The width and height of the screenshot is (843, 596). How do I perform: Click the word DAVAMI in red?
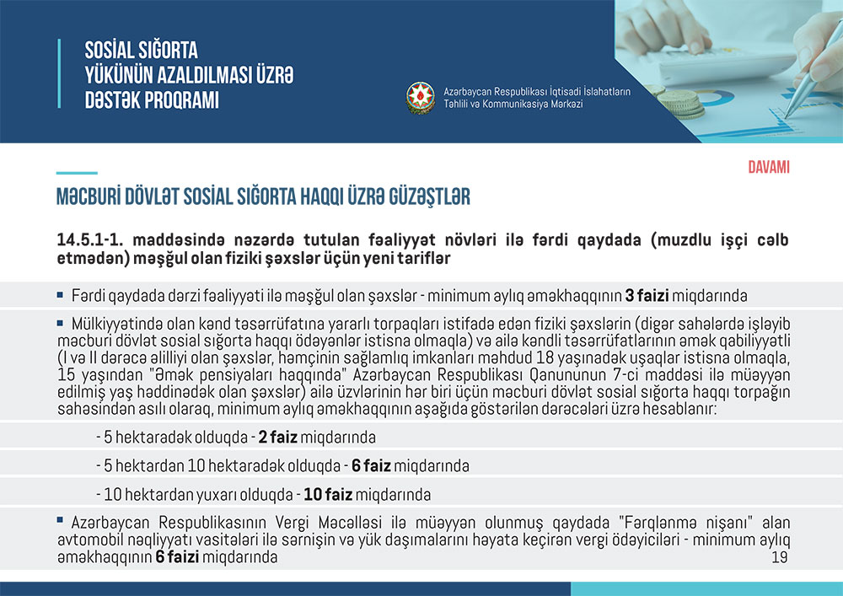click(x=768, y=167)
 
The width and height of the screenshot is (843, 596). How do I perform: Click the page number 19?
click(x=779, y=559)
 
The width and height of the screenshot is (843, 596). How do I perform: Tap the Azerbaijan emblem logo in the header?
click(x=420, y=97)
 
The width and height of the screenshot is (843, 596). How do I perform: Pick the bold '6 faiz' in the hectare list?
click(x=372, y=466)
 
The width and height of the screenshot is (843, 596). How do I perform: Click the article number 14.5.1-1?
click(x=88, y=240)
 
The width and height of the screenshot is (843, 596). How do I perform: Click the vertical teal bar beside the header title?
click(x=59, y=73)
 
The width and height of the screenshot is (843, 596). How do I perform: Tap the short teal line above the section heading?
click(x=77, y=173)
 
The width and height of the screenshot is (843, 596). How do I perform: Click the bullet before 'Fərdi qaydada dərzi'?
click(x=60, y=295)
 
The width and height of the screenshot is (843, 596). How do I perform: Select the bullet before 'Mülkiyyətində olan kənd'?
click(x=60, y=322)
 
